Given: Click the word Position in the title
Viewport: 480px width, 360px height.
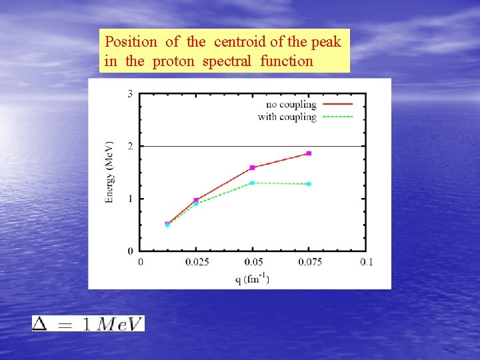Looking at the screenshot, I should pos(131,42).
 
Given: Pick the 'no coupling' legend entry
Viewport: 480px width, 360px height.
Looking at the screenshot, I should pos(291,105).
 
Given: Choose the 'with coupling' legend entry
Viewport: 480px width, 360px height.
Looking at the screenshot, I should pos(287,117).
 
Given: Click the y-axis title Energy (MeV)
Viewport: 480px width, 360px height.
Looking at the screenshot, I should pos(110,172).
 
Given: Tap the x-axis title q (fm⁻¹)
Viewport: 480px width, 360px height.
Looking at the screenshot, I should pos(251,279).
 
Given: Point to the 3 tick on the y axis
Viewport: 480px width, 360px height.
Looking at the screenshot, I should pos(130,94).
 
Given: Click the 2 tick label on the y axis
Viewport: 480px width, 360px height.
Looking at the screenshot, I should pos(130,146).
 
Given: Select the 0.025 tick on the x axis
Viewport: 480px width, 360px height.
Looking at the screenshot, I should pos(196,262).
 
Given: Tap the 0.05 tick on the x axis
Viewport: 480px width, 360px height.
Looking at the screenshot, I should pos(252,262).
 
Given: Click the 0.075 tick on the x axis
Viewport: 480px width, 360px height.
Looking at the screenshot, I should pos(309,262).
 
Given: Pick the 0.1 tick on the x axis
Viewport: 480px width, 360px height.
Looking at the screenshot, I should pos(366,262).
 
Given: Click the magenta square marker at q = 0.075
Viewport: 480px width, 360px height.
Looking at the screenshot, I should pos(309,153).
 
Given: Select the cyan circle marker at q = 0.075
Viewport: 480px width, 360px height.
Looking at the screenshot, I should pos(309,184).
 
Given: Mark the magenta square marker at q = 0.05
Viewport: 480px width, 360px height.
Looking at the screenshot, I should pos(252,167).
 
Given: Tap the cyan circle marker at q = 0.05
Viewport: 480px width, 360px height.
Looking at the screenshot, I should pos(252,183).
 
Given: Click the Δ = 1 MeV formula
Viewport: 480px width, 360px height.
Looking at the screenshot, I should pos(88,323).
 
